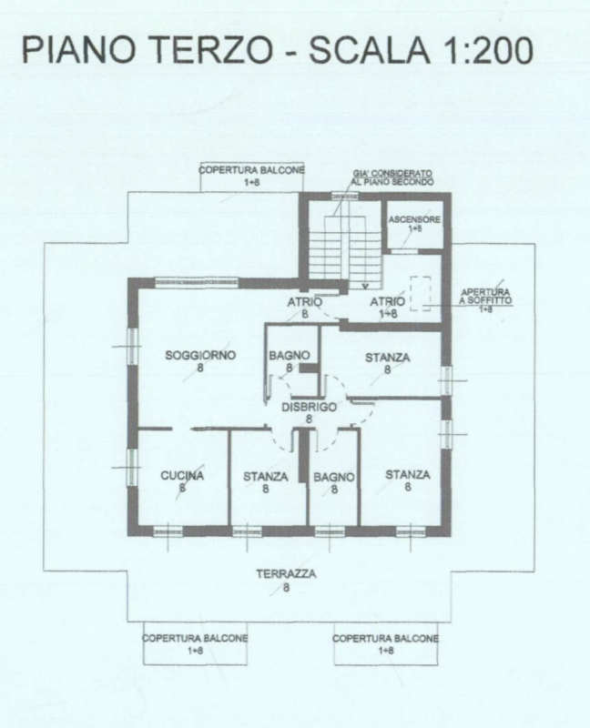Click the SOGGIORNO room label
point(200,355)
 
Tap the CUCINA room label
point(182,475)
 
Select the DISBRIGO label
point(309,407)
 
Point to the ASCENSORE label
point(414,219)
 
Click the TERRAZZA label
point(286,574)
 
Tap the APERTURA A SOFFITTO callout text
point(485,297)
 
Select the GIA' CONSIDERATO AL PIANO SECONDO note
point(392,177)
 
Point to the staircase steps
point(345,253)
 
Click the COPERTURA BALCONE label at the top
point(252,170)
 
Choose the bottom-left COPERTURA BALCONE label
point(195,639)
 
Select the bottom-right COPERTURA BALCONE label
point(385,639)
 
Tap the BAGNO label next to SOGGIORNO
point(290,355)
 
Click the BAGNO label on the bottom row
point(334,477)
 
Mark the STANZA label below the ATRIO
point(388,358)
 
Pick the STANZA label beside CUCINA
point(265,476)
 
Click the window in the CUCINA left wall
point(132,467)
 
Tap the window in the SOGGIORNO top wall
point(197,282)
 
